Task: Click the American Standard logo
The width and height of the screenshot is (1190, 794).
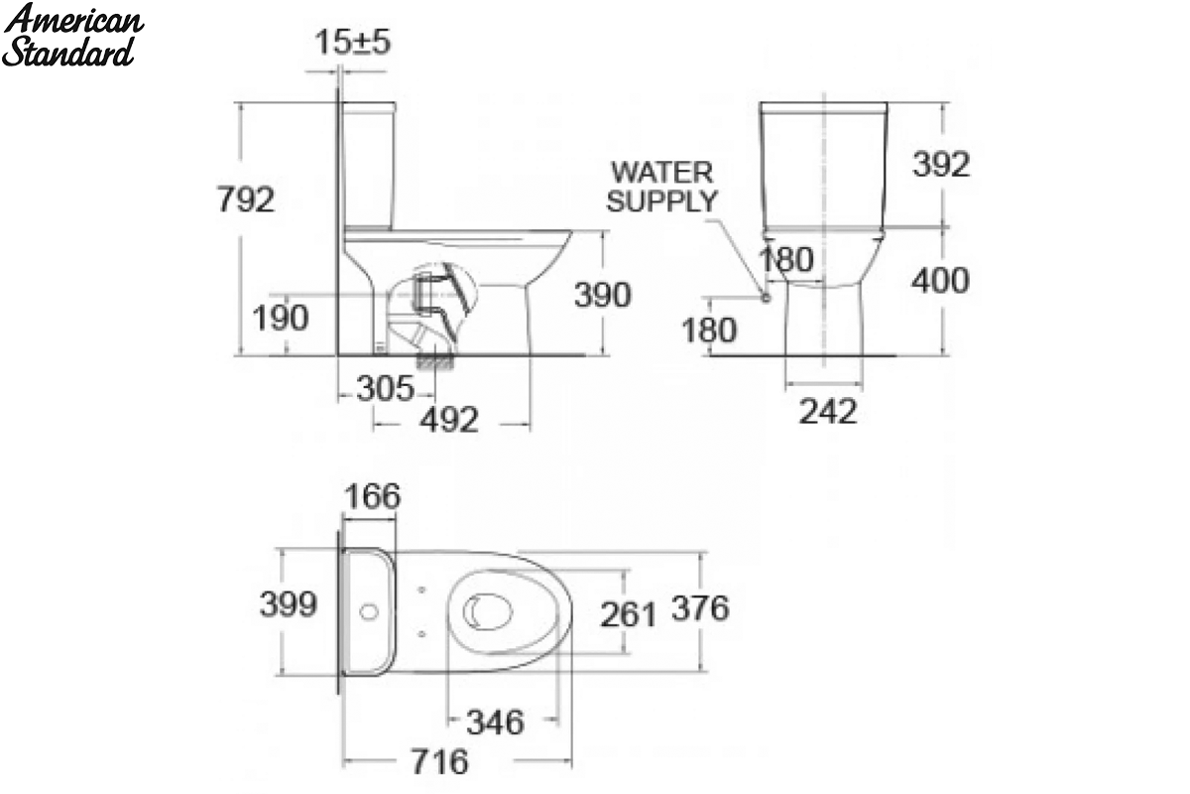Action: [x=72, y=35]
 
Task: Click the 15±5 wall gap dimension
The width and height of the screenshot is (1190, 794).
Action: [x=353, y=42]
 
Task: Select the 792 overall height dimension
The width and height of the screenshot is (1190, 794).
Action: [x=246, y=199]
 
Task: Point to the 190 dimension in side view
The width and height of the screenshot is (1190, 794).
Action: [x=280, y=318]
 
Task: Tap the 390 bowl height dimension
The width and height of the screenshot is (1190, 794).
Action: [x=603, y=294]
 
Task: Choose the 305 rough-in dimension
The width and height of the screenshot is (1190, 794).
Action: [x=385, y=388]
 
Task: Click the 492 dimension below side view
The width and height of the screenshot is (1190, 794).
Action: [x=449, y=420]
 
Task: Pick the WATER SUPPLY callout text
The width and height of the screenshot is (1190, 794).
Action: [x=662, y=187]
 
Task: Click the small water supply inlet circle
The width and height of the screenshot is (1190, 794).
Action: [x=766, y=298]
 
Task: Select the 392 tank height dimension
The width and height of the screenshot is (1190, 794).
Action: [x=941, y=164]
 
